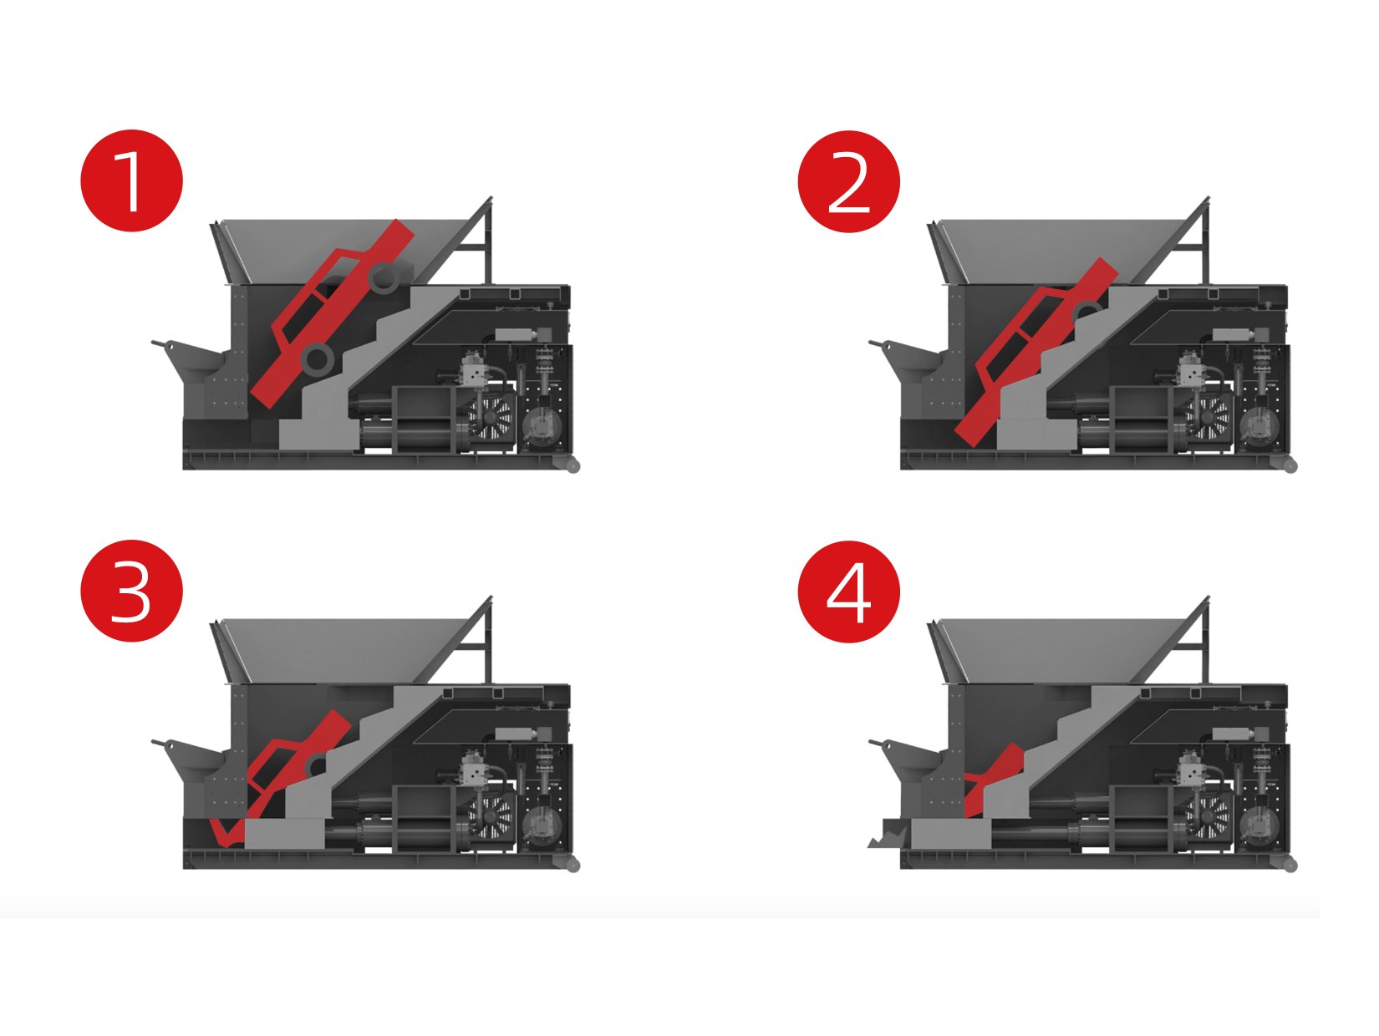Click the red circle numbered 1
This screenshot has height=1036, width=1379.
(x=131, y=180)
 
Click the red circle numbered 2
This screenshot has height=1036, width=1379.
(x=848, y=181)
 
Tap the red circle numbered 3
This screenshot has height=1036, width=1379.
(x=131, y=591)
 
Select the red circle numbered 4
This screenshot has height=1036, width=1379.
(x=848, y=592)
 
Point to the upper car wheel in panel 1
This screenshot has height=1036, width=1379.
(x=384, y=277)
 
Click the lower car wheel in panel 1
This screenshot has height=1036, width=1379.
(x=318, y=358)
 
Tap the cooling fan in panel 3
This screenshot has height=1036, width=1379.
(x=490, y=815)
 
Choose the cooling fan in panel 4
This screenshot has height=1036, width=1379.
(x=1207, y=815)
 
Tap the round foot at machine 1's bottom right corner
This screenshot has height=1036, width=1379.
(x=572, y=465)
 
